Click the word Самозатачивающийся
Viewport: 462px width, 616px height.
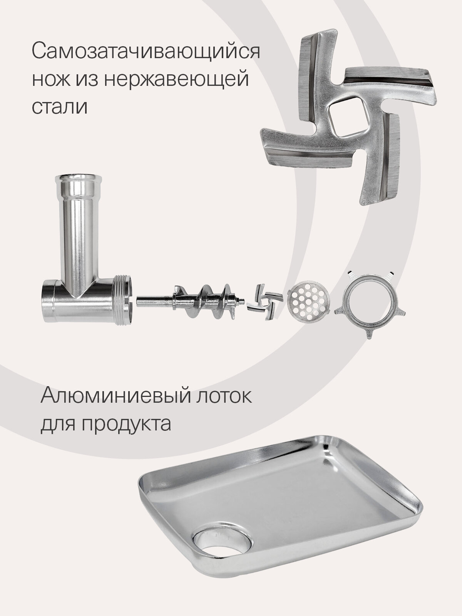(146, 51)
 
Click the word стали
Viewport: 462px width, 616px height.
(60, 106)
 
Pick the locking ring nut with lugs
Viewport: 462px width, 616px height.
(370, 305)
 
